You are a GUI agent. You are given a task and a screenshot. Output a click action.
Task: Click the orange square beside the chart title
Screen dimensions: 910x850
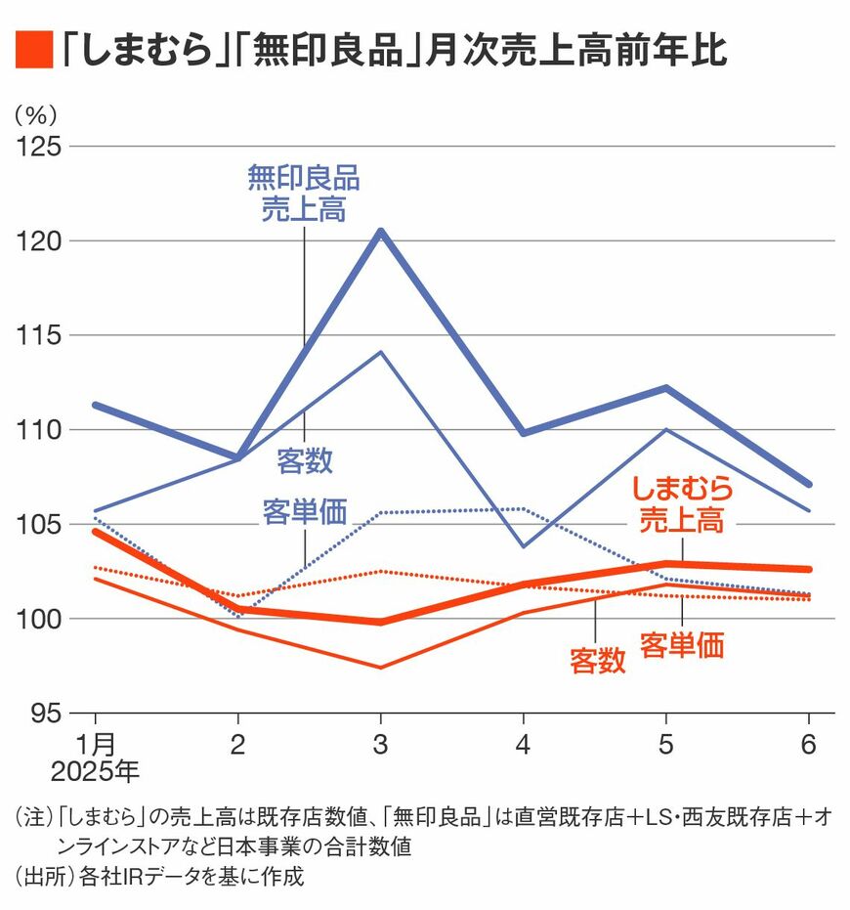pyautogui.click(x=32, y=50)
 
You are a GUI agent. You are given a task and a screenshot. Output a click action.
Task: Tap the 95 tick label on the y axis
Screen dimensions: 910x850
pyautogui.click(x=42, y=714)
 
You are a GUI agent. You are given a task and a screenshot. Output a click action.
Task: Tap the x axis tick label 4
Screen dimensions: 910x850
pyautogui.click(x=524, y=745)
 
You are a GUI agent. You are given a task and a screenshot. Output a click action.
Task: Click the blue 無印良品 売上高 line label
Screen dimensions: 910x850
pyautogui.click(x=303, y=194)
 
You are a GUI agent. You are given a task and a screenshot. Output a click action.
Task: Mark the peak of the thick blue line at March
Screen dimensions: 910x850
pyautogui.click(x=381, y=232)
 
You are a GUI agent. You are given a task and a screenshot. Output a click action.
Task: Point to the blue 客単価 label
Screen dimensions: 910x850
pyautogui.click(x=305, y=511)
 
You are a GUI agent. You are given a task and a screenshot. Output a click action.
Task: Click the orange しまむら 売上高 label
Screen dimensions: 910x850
pyautogui.click(x=681, y=503)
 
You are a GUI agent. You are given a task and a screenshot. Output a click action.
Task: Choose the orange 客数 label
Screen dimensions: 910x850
pyautogui.click(x=597, y=662)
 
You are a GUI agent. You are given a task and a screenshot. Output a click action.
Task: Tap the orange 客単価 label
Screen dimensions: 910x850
pyautogui.click(x=682, y=646)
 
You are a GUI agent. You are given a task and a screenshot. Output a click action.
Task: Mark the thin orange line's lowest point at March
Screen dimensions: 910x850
pyautogui.click(x=381, y=668)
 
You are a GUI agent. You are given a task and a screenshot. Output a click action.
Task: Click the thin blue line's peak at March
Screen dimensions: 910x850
pyautogui.click(x=381, y=351)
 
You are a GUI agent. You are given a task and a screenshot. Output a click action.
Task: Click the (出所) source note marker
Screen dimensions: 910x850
pyautogui.click(x=37, y=876)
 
